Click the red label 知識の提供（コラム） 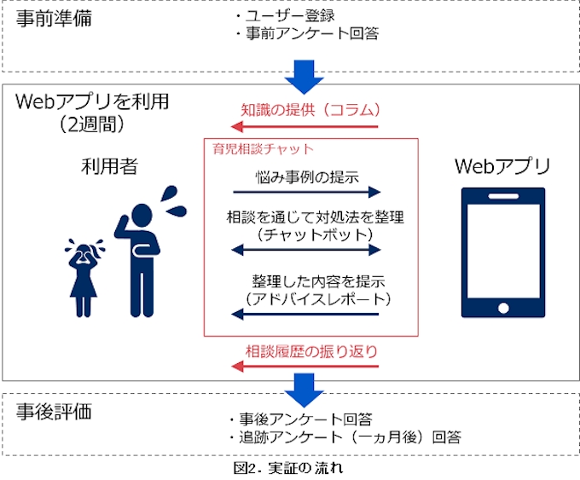[x=309, y=110]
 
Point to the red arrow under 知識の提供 [x=306, y=127]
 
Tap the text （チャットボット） [x=306, y=234]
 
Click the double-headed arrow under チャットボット [x=306, y=250]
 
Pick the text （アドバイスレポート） [x=306, y=298]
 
